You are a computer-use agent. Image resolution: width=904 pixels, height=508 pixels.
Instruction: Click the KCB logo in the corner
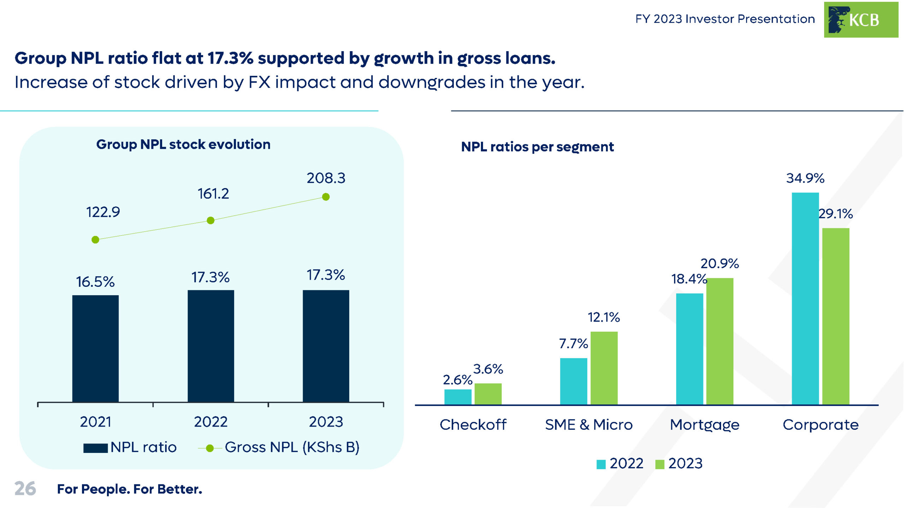click(x=861, y=20)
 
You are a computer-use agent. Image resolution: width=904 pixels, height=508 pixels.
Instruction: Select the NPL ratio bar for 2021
click(x=95, y=348)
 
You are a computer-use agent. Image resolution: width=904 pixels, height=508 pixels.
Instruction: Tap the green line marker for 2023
click(x=326, y=197)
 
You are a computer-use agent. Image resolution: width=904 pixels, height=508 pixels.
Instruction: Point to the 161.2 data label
click(x=213, y=194)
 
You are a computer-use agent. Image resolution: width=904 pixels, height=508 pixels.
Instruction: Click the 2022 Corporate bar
click(x=805, y=298)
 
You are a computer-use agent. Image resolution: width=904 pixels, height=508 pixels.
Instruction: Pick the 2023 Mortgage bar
click(x=720, y=341)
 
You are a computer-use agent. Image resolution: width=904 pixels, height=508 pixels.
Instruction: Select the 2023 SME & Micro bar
click(x=604, y=368)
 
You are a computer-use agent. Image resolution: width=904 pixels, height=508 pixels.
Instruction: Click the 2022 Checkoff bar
click(x=458, y=397)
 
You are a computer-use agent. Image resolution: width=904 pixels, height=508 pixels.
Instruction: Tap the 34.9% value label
click(x=805, y=178)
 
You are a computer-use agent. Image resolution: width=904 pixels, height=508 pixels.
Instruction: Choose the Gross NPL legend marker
click(x=210, y=448)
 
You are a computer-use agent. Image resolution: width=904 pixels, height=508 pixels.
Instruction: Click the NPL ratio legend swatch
click(x=95, y=448)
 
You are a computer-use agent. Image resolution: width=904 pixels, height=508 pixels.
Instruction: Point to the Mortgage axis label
click(x=704, y=425)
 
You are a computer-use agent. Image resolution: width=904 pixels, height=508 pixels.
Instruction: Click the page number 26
click(x=25, y=489)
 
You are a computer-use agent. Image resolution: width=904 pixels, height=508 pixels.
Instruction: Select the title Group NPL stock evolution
click(x=183, y=144)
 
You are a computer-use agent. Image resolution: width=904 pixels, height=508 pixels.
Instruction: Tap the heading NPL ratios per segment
click(x=537, y=147)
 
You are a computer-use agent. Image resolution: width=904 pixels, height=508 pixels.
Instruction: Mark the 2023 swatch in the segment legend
click(x=660, y=464)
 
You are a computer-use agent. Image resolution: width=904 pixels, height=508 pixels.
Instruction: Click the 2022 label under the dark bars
click(x=211, y=422)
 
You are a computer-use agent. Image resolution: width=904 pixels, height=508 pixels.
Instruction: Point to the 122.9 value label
click(x=103, y=212)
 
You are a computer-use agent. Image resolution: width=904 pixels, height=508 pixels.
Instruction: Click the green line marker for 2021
click(x=95, y=240)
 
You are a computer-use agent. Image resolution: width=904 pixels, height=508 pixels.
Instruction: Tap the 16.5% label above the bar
click(x=95, y=282)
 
